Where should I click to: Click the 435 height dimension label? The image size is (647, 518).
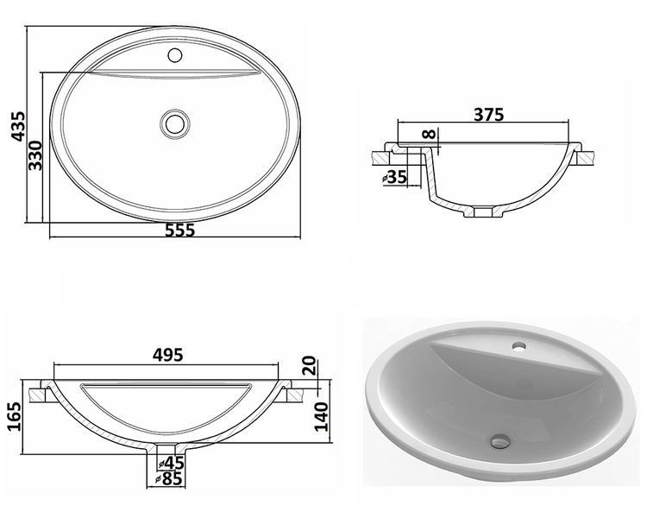pyautogui.click(x=19, y=126)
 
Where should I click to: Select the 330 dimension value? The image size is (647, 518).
pyautogui.click(x=35, y=155)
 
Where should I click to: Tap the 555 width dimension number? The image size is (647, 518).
pyautogui.click(x=179, y=231)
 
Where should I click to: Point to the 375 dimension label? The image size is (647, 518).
pyautogui.click(x=489, y=115)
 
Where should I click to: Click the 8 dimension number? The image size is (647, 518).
pyautogui.click(x=429, y=135)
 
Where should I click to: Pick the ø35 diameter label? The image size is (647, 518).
pyautogui.click(x=394, y=177)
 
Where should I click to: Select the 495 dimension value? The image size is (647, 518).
pyautogui.click(x=167, y=355)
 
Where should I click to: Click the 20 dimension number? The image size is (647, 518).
pyautogui.click(x=311, y=365)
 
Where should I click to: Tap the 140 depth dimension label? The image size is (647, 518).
pyautogui.click(x=322, y=416)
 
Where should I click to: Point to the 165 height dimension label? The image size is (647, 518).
pyautogui.click(x=14, y=416)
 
